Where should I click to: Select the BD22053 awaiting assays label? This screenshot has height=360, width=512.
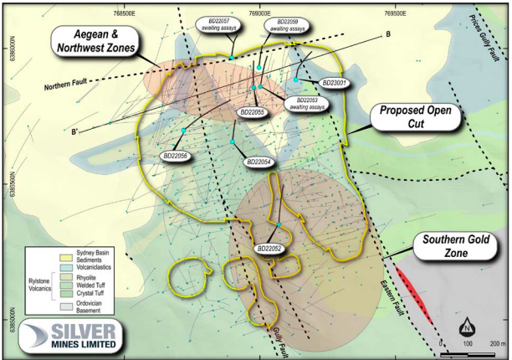point(307,103)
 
